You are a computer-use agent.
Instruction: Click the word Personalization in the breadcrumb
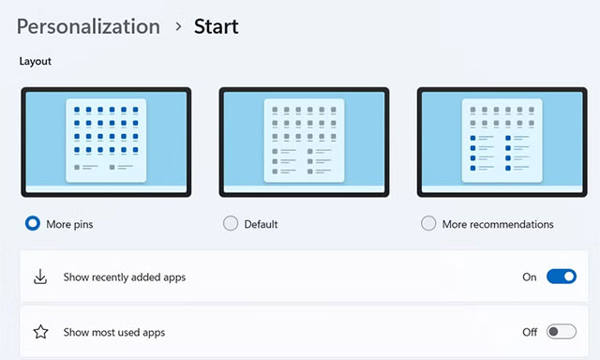(x=88, y=26)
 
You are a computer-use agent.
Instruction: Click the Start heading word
(x=216, y=26)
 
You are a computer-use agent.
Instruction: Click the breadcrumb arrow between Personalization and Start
(x=177, y=27)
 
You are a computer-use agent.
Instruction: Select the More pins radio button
(x=33, y=224)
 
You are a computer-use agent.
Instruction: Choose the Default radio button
(x=231, y=224)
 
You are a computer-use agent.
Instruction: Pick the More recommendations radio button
(x=428, y=224)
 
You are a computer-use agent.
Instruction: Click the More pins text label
(x=71, y=225)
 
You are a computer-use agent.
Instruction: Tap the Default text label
(x=261, y=225)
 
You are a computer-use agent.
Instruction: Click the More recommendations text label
(x=498, y=225)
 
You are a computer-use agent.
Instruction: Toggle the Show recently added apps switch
(x=561, y=277)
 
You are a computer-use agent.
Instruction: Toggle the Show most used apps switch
(x=561, y=332)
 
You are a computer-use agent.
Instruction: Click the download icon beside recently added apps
(x=40, y=277)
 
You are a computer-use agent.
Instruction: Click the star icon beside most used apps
(x=40, y=332)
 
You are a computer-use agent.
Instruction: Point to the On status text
(x=529, y=277)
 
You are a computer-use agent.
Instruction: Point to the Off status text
(x=529, y=332)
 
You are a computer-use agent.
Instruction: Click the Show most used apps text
(x=114, y=332)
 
